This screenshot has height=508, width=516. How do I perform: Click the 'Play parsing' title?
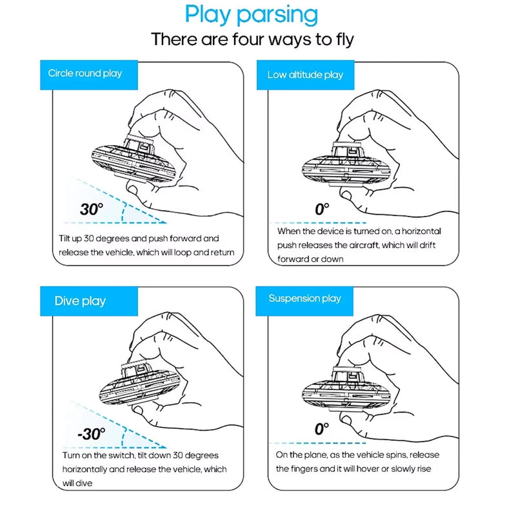pyautogui.click(x=251, y=15)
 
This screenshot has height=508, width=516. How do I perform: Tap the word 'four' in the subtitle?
pyautogui.click(x=249, y=39)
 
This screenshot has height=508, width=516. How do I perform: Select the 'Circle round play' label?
pyautogui.click(x=85, y=73)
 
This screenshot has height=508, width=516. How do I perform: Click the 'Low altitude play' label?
pyautogui.click(x=305, y=75)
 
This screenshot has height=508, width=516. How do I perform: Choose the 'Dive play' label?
pyautogui.click(x=80, y=301)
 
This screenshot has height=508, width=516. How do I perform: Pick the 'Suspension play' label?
pyautogui.click(x=304, y=298)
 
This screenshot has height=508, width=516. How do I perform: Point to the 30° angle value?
pyautogui.click(x=92, y=210)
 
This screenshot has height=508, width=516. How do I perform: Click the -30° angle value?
pyautogui.click(x=92, y=434)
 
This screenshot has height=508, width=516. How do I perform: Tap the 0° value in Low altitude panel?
pyautogui.click(x=322, y=210)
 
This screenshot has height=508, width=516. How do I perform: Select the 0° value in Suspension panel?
pyautogui.click(x=322, y=429)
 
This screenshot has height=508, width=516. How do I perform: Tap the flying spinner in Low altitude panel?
pyautogui.click(x=346, y=165)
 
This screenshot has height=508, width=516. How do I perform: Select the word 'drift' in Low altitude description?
pyautogui.click(x=427, y=245)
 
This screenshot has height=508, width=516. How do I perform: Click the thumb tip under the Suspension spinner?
pyautogui.click(x=346, y=420)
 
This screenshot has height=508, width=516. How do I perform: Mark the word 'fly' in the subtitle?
pyautogui.click(x=345, y=40)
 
